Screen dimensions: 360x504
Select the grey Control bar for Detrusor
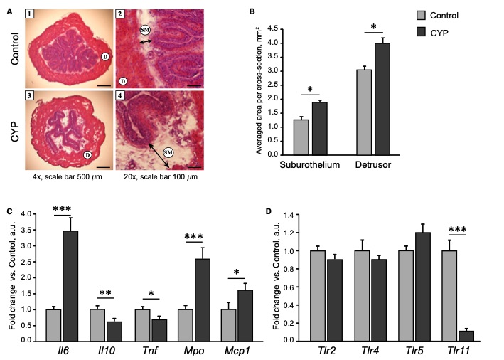pyautogui.click(x=363, y=111)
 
